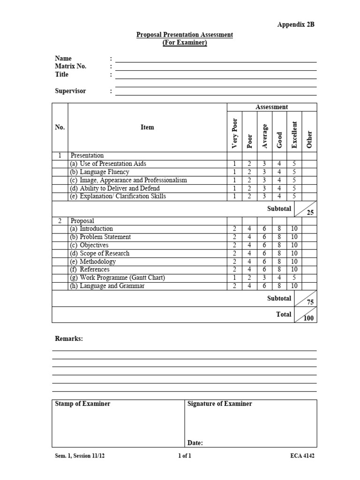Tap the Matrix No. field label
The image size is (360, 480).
coord(71,66)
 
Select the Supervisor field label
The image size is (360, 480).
coord(71,91)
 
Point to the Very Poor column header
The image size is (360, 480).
coord(235,131)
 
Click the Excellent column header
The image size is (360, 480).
coord(294,135)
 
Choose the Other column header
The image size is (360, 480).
coord(309,139)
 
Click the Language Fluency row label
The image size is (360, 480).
coord(100,172)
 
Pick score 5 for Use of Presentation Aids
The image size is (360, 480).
coord(294,164)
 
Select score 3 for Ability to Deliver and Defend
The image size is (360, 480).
coord(264,188)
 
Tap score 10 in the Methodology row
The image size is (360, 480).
coord(294,261)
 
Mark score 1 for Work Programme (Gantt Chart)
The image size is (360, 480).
coord(234,277)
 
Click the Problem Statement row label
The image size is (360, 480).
coord(101,237)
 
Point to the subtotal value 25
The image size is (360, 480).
coord(310,212)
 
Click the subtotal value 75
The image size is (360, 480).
coord(310,302)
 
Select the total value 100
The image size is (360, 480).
coord(309,318)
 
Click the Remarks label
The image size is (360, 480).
coord(69,338)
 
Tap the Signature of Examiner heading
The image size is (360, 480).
coord(219,404)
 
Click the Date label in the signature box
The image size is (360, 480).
coord(195,442)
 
